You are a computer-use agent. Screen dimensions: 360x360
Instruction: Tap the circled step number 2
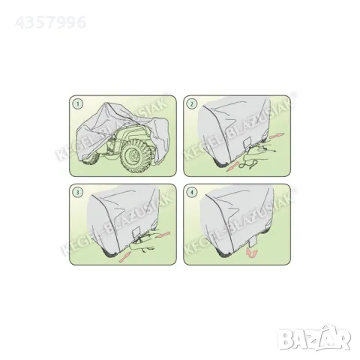coord(193,103)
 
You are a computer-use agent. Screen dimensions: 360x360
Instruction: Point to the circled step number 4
coord(193,191)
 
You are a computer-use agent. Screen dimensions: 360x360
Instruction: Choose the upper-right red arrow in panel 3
coord(164,233)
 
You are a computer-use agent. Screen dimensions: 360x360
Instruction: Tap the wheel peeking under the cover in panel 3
coord(112,253)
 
